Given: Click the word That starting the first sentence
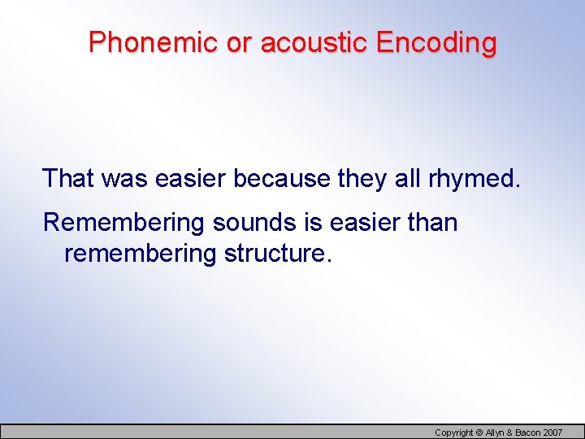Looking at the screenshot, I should click(x=68, y=178).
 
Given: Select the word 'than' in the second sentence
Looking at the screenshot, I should click(x=432, y=223).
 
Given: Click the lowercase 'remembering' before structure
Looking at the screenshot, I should click(x=139, y=254).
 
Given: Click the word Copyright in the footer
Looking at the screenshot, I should click(x=453, y=432).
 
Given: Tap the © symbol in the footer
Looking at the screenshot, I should click(x=479, y=432).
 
